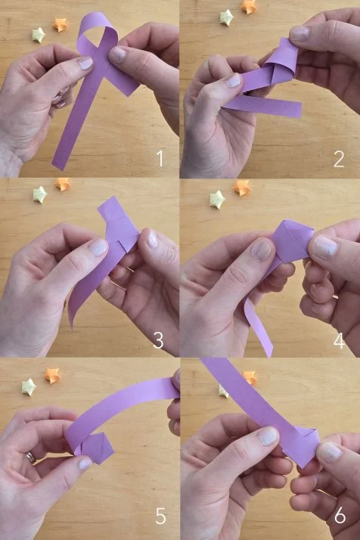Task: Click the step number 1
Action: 160,159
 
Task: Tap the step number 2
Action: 339,159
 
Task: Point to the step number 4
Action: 339,341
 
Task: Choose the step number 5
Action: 160,516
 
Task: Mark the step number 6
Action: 340,516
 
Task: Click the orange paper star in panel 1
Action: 60,25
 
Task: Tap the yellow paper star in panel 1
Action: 39,35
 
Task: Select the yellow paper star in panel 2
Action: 227,17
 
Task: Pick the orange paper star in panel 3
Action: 63,185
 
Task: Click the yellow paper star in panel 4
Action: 217,200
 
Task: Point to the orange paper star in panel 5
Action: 52,375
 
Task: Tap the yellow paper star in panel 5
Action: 29,387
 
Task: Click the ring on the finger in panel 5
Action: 31,458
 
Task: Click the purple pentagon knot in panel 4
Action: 293,241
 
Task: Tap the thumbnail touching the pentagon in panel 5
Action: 85,463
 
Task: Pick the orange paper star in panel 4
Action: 241,188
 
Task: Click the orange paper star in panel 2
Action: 249,7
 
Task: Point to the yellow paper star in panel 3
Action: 40,194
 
